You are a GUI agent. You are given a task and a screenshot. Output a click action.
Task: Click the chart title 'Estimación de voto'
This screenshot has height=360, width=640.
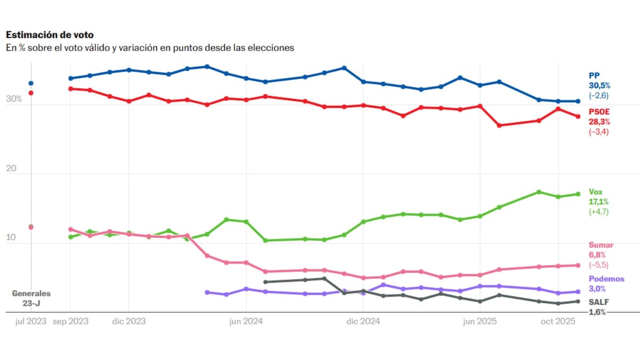50,35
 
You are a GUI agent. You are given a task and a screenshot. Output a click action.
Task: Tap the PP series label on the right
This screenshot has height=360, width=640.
594,76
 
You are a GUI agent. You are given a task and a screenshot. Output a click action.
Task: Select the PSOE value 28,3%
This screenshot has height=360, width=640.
599,122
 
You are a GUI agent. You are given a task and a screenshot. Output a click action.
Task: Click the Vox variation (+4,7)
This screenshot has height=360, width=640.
598,212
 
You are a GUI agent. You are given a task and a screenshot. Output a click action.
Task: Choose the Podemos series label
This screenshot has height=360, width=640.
606,279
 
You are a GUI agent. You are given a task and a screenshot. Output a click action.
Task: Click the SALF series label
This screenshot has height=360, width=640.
598,302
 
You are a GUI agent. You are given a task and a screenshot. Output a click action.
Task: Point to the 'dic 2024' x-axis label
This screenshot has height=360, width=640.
362,322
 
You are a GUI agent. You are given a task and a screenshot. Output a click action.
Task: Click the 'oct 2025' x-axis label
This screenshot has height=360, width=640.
557,322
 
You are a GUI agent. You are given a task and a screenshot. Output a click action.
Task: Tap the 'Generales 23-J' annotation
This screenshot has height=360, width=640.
31,298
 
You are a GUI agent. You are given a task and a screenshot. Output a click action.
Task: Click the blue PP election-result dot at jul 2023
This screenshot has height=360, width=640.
31,83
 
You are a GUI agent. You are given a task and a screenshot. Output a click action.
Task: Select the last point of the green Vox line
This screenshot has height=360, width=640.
578,194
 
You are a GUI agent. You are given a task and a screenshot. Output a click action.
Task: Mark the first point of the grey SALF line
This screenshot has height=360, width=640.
266,282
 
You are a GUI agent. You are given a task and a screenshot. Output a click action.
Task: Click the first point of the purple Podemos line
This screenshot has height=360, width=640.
207,292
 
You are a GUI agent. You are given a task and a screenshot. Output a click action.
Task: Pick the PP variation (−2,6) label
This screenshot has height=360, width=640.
598,95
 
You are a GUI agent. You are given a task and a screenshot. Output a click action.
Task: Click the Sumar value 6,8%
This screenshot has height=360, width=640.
598,255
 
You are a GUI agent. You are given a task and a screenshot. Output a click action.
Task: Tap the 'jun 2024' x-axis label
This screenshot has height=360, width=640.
246,322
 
